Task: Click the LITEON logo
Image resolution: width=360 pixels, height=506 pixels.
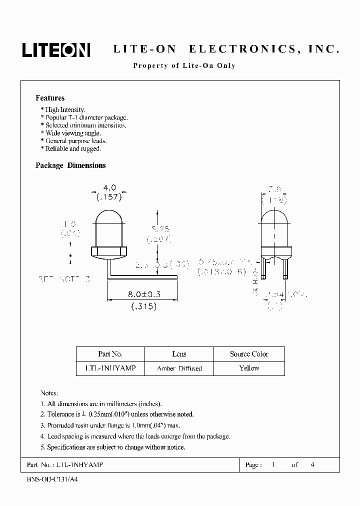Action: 55,49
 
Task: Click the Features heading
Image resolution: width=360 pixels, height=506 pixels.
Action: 50,98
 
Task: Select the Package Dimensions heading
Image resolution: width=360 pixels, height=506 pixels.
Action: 70,165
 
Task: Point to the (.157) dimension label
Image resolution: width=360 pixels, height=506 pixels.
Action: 108,196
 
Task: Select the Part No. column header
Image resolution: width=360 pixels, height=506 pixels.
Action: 110,354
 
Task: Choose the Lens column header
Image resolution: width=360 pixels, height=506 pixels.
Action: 179,354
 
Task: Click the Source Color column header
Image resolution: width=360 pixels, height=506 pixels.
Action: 249,354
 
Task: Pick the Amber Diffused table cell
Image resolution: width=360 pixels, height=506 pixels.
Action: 179,368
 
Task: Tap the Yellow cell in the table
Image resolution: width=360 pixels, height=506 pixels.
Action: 249,368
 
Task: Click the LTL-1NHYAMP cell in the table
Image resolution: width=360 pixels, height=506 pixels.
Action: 110,368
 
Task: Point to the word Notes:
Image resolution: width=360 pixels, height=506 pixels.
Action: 49,393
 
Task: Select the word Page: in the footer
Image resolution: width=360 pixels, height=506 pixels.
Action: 252,465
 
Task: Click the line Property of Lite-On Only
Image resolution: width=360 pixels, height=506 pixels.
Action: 184,65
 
